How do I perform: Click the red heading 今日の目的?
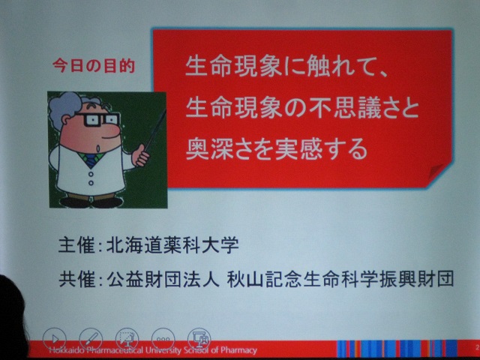click(94, 65)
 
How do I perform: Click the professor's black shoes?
click(91, 202)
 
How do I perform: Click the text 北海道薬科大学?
click(172, 247)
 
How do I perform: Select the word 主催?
click(76, 247)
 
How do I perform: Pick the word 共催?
click(76, 280)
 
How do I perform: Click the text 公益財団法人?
click(163, 280)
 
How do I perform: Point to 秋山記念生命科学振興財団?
click(340, 280)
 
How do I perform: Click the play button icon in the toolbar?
click(55, 339)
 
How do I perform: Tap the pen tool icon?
click(91, 339)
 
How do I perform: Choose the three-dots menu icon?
click(163, 339)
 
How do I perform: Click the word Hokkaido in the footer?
click(67, 350)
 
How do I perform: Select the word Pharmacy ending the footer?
click(241, 351)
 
